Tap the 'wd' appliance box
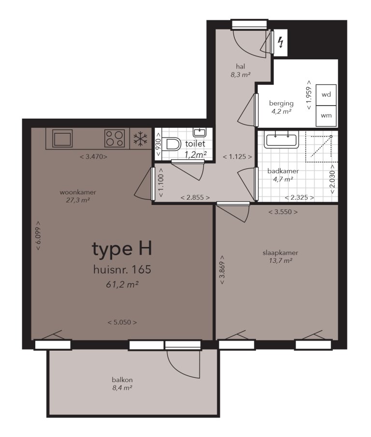(327, 95)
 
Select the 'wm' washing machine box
(327, 116)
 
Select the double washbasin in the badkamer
(281, 139)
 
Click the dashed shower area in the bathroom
(320, 146)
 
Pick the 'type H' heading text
(122, 249)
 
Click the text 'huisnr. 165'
(122, 270)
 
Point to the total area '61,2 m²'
(122, 285)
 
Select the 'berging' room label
(281, 103)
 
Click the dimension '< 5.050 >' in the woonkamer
(122, 322)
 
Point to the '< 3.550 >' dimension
(283, 212)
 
